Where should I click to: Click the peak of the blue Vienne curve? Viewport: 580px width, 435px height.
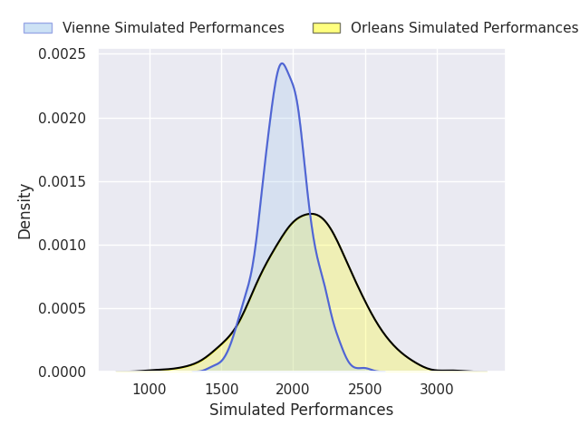pos(282,63)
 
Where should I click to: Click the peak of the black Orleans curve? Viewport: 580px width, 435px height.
pos(311,214)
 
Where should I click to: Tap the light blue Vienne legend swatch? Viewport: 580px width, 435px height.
pos(38,28)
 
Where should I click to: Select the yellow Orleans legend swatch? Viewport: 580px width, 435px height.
pos(326,28)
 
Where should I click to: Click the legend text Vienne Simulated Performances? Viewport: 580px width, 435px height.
pos(173,28)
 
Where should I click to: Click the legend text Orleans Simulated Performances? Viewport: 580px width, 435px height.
pos(464,28)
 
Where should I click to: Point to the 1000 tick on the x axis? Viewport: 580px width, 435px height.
pos(150,390)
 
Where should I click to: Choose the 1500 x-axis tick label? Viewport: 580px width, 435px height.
pos(221,390)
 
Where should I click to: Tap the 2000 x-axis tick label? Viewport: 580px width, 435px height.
pos(293,390)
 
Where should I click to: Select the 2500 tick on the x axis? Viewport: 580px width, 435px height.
pos(365,390)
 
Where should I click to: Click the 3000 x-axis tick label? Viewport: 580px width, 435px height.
pos(437,390)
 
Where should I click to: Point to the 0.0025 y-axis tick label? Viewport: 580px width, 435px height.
pos(63,54)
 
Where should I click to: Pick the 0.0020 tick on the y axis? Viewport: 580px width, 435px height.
pos(63,119)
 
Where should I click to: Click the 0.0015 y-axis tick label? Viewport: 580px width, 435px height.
pos(63,181)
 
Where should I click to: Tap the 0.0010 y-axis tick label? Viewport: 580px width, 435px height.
pos(63,245)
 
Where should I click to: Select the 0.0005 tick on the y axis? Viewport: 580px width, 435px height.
pos(63,308)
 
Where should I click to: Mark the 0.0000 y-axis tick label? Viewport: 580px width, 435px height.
pos(63,372)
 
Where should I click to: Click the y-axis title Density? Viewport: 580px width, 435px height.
pos(24,211)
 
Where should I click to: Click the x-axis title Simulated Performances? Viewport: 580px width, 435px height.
pos(301,410)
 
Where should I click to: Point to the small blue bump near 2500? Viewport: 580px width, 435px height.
pos(364,368)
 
